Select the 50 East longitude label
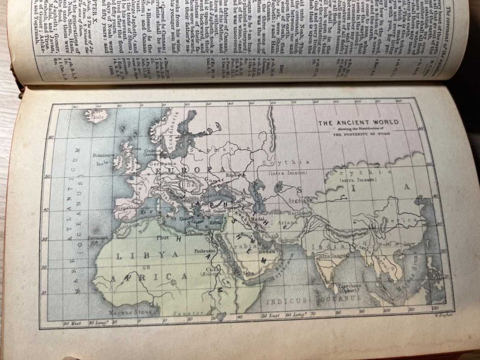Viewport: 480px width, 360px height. click(271, 314)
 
